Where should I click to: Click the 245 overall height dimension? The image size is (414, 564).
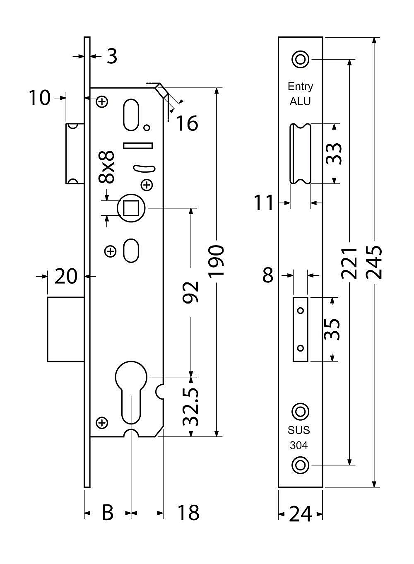[374, 262]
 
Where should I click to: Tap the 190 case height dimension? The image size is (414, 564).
[216, 261]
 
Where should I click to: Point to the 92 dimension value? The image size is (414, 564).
[191, 292]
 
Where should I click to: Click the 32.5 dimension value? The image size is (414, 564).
[191, 407]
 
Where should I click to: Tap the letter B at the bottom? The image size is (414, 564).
[107, 513]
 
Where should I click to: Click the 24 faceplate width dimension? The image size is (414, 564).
[300, 514]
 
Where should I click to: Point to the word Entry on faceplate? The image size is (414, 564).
[300, 87]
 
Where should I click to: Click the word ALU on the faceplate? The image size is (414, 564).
[300, 101]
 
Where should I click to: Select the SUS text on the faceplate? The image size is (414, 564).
[299, 430]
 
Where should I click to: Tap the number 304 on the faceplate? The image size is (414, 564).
[299, 446]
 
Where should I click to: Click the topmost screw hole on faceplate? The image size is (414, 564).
[300, 59]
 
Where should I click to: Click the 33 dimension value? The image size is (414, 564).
[334, 154]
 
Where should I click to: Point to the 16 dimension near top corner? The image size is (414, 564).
[188, 123]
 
